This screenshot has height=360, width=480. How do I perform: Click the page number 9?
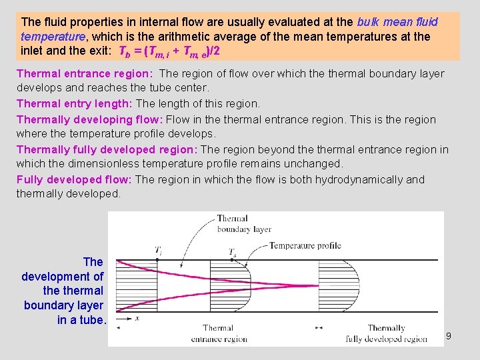point(449,336)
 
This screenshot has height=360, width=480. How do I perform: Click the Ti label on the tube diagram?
point(158,251)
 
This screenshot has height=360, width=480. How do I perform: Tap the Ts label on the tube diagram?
point(232,252)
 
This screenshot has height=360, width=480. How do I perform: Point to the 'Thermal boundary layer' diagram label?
point(244,223)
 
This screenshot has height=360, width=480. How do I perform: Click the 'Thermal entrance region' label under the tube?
point(218,333)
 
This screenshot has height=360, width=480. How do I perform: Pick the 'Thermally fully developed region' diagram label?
point(386,333)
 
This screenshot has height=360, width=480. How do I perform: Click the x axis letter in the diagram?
point(137,319)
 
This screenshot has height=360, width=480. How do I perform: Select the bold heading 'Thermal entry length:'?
point(75,103)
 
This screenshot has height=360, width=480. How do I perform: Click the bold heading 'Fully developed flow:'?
point(75,179)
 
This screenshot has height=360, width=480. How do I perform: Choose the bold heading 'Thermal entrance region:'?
point(85,73)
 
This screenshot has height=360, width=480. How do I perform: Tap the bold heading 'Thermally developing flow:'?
point(90,119)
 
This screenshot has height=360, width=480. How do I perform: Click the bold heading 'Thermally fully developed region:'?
point(107,149)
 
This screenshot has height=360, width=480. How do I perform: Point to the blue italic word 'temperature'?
point(51,36)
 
